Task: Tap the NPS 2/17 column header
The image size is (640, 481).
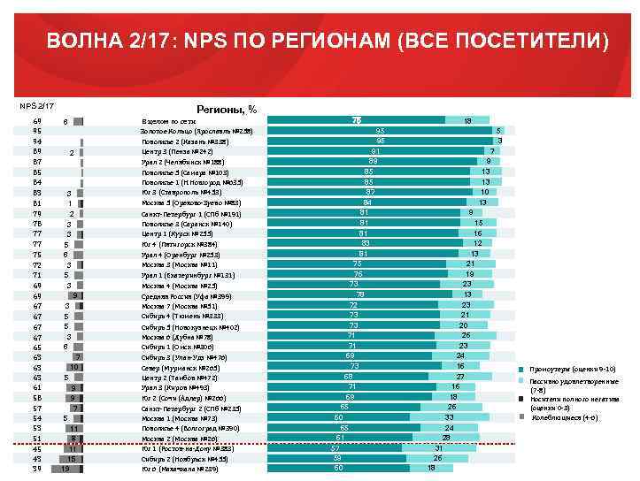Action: pyautogui.click(x=37, y=107)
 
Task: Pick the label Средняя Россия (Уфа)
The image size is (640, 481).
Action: pyautogui.click(x=187, y=296)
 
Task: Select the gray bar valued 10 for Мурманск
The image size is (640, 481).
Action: pyautogui.click(x=74, y=367)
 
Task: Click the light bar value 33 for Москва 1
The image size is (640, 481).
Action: pyautogui.click(x=449, y=417)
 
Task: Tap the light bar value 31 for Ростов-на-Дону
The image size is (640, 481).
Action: pyautogui.click(x=437, y=448)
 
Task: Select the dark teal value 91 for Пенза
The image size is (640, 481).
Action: pyautogui.click(x=376, y=151)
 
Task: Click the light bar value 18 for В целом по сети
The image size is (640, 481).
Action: pyautogui.click(x=467, y=120)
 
